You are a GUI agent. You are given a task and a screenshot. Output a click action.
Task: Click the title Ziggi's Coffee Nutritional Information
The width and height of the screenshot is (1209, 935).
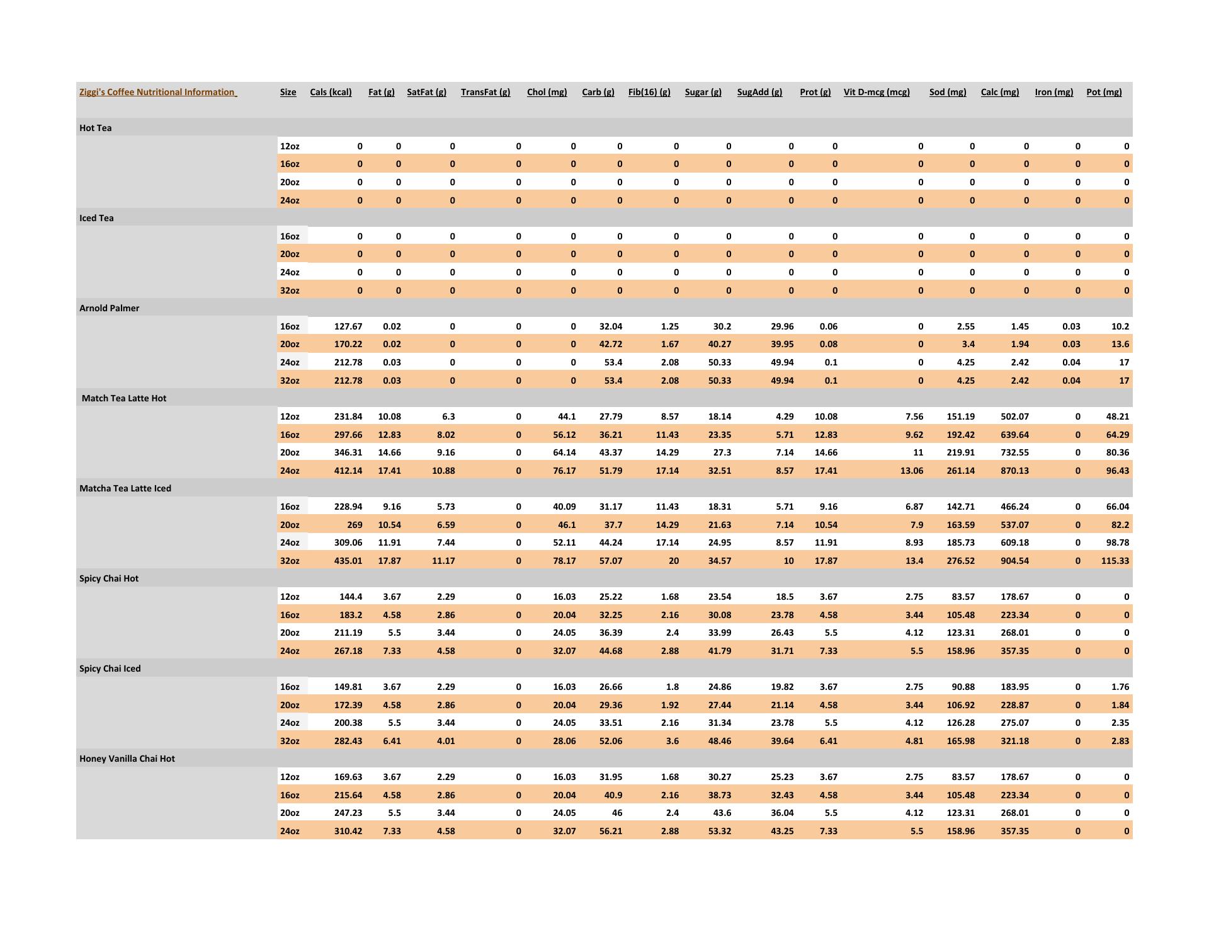tap(157, 92)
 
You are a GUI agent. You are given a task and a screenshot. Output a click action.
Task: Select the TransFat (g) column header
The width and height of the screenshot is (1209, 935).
tap(485, 92)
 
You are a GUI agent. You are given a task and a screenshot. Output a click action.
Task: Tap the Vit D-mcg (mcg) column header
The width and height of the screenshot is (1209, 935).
tap(876, 92)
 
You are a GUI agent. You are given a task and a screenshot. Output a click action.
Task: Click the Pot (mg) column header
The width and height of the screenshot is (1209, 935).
tap(1103, 92)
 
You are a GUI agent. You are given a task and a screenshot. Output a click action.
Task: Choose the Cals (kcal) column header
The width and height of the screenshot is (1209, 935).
tap(331, 92)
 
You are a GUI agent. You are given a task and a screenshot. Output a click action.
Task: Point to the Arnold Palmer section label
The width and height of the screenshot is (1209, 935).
tap(109, 308)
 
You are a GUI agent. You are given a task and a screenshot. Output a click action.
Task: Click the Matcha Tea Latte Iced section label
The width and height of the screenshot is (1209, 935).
tap(125, 488)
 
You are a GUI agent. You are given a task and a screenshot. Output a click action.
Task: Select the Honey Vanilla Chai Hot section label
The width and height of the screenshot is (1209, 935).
tap(127, 759)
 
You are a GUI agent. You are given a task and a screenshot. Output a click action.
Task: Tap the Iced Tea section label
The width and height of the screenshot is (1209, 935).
tap(96, 218)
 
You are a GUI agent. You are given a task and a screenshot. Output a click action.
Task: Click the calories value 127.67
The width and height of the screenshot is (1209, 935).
tap(348, 326)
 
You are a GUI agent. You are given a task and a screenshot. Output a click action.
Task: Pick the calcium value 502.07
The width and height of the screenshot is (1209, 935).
tap(1014, 416)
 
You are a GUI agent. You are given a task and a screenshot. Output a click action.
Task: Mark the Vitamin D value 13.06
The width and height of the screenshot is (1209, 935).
tap(911, 471)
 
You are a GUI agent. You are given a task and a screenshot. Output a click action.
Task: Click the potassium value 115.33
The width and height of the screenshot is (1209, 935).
tap(1115, 561)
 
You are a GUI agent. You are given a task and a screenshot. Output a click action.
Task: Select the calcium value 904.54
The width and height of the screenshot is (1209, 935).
tap(1014, 561)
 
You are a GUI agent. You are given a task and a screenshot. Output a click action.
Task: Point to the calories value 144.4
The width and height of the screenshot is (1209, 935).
tap(350, 597)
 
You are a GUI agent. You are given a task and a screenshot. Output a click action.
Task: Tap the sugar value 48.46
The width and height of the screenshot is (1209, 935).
tap(719, 741)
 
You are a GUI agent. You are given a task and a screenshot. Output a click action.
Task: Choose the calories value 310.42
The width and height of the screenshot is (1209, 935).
tap(348, 831)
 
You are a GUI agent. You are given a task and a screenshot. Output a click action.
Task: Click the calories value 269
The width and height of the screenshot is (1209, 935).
tap(354, 525)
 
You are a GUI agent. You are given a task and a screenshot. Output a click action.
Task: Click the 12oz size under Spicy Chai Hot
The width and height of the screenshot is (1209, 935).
tap(290, 597)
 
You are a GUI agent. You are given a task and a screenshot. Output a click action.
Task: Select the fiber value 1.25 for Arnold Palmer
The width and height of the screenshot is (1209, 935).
tap(669, 326)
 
